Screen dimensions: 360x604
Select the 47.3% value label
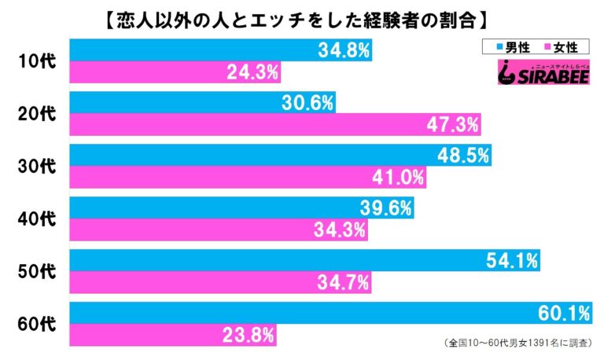(x=452, y=126)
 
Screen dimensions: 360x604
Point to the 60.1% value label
(x=562, y=314)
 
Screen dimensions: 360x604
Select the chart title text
(x=302, y=15)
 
